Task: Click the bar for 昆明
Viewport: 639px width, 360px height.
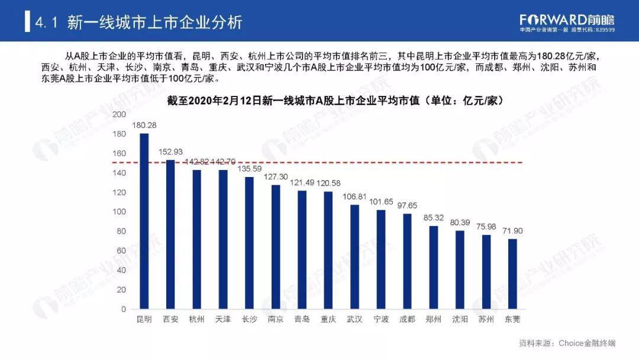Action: [x=144, y=221]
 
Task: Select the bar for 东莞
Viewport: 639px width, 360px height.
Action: [x=512, y=274]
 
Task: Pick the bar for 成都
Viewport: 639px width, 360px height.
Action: [x=407, y=261]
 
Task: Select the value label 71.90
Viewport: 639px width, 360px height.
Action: [x=512, y=231]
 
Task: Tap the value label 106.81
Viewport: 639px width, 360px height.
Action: [x=354, y=197]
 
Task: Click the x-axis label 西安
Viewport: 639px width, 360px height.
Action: [x=170, y=319]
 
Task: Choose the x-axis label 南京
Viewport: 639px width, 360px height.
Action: [x=275, y=319]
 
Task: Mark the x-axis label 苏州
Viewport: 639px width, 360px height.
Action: [x=486, y=319]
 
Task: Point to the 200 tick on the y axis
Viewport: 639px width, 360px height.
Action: [x=119, y=114]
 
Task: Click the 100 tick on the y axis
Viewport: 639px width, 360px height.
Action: [x=119, y=212]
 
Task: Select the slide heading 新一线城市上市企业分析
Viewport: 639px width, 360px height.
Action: [x=155, y=23]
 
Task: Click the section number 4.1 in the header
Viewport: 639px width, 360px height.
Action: [x=46, y=23]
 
